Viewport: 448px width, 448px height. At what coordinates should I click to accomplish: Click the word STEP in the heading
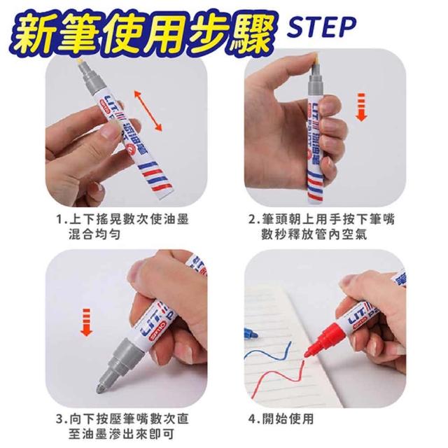(x=321, y=27)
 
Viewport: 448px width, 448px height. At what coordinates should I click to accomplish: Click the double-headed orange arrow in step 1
(x=148, y=111)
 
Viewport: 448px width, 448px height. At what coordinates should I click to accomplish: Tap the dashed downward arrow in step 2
(x=362, y=107)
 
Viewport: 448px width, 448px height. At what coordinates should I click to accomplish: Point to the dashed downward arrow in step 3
(x=86, y=322)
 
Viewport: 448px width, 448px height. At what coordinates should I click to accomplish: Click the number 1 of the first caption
(x=59, y=220)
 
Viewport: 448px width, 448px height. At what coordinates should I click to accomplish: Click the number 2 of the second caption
(x=252, y=220)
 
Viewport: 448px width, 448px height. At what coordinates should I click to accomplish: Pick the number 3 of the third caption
(x=59, y=419)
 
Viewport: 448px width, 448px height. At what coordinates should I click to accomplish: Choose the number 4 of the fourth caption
(x=252, y=419)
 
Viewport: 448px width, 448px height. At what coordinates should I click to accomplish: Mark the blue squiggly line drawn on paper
(x=267, y=353)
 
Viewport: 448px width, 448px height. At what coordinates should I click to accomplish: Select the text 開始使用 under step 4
(x=288, y=419)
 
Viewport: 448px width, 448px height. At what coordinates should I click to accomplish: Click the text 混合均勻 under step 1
(x=94, y=235)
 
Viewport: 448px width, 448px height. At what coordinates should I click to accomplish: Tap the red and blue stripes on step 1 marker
(x=157, y=178)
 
